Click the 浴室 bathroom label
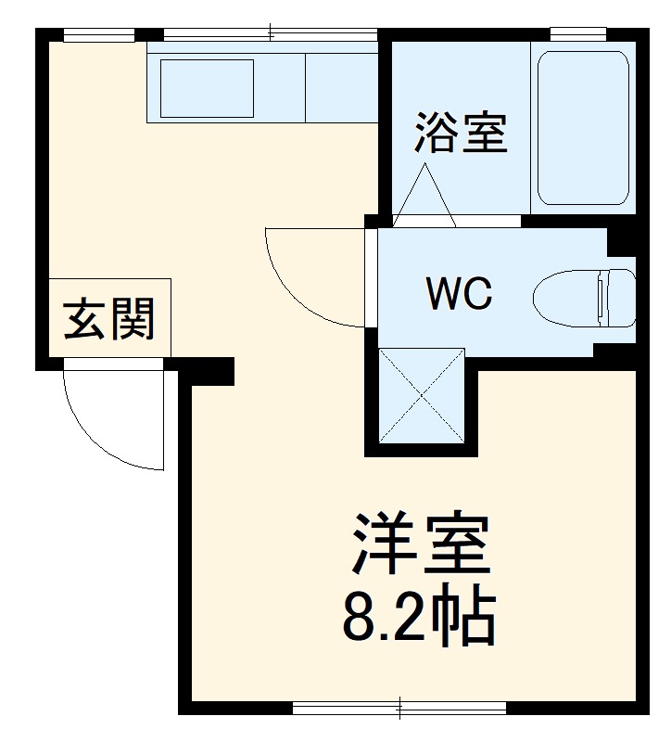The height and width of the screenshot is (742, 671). point(461,133)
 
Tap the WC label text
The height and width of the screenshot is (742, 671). point(458,295)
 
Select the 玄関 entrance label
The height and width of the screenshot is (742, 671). point(108,320)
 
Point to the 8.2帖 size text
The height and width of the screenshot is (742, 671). point(419,615)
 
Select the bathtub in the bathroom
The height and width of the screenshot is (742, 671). point(583,127)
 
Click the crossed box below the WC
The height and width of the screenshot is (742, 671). point(422,396)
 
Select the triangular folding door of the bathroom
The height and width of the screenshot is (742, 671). point(424,197)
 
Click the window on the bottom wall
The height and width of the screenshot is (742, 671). point(399,709)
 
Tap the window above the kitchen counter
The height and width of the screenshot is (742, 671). point(270,35)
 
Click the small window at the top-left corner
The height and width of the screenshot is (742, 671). point(99,35)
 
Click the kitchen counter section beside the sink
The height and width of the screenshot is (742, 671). point(341,87)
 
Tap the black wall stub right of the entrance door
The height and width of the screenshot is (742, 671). point(209,371)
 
